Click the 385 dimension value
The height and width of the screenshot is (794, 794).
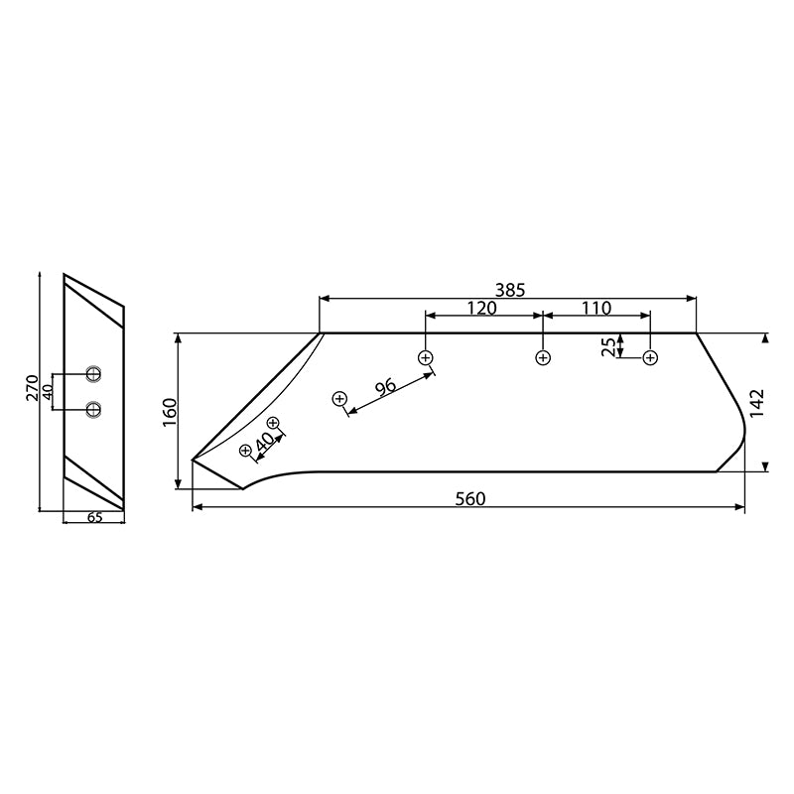509,290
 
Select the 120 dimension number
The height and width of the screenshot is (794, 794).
481,309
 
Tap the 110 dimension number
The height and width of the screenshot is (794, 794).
596,309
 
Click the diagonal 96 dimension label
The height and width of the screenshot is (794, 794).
384,387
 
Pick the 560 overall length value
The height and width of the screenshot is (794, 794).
470,498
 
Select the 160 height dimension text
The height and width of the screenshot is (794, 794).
169,411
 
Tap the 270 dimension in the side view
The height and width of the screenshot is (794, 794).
32,388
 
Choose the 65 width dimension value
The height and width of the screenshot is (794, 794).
93,517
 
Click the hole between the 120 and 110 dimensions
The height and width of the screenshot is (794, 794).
542,357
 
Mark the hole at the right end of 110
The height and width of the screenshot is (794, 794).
650,357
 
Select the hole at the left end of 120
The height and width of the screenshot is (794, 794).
426,357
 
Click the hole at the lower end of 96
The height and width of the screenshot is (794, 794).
339,399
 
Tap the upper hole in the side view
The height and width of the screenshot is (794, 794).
93,374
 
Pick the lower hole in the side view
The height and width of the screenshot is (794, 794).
93,408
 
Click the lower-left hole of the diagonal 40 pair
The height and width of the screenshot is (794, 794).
246,451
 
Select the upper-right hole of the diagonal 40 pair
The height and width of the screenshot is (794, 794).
273,424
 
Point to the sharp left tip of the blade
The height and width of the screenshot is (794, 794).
192,460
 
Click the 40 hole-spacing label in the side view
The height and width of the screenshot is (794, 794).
47,391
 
